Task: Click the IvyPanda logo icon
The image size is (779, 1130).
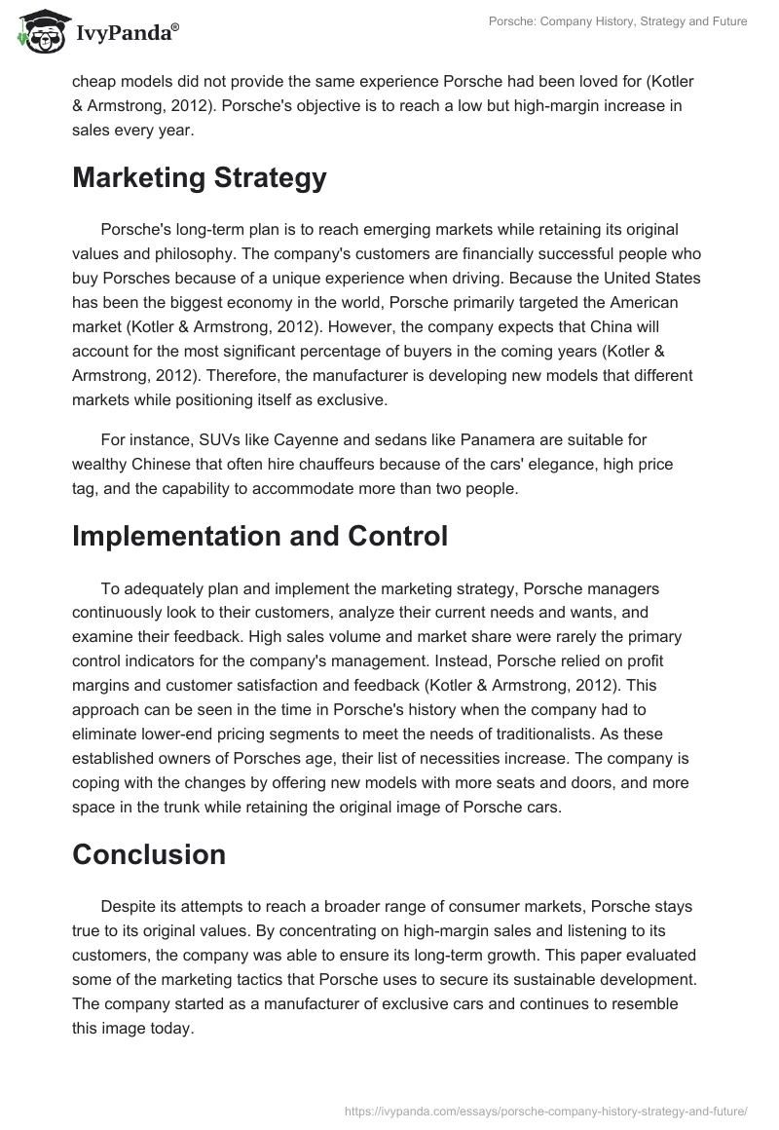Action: click(x=38, y=34)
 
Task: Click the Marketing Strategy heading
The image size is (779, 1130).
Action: click(x=199, y=178)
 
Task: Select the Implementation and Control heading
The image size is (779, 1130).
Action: click(x=259, y=537)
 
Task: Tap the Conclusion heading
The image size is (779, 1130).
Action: click(x=148, y=854)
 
